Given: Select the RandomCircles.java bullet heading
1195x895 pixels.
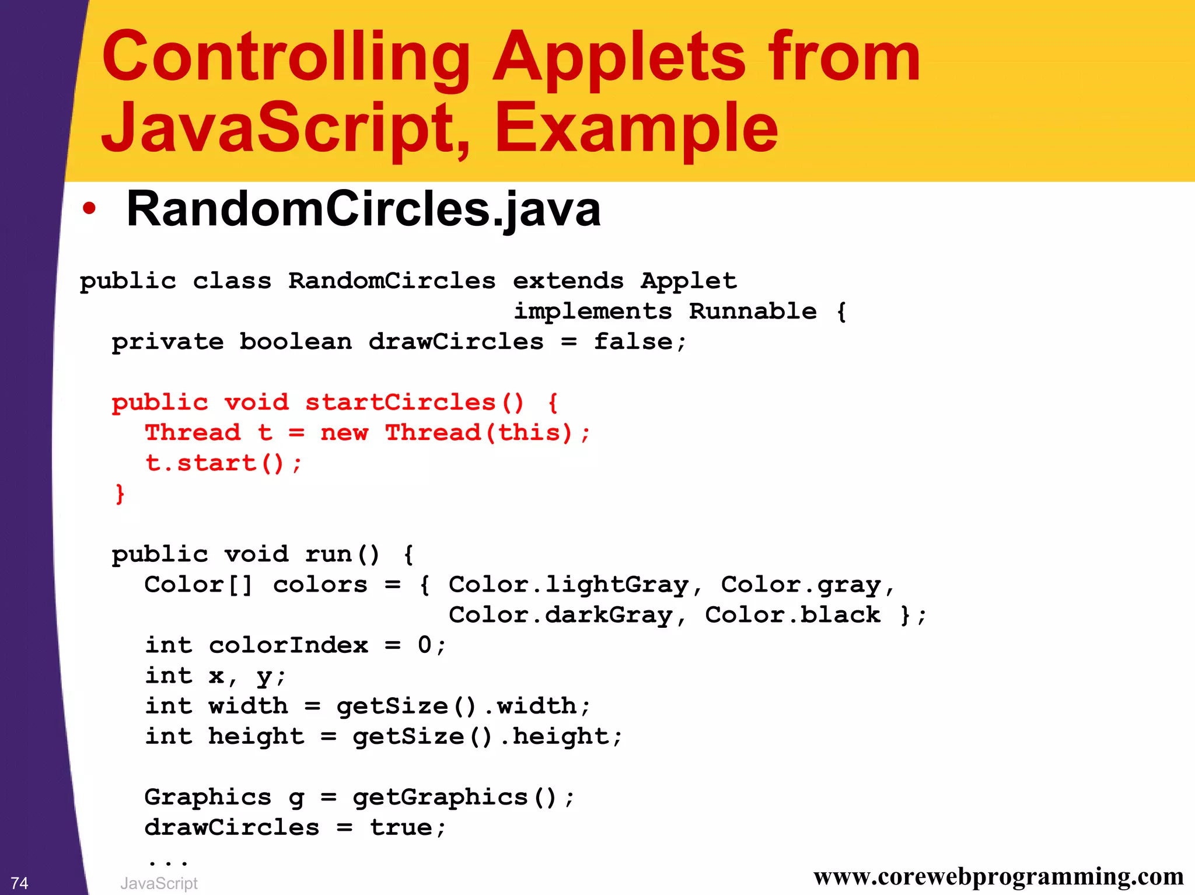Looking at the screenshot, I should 363,209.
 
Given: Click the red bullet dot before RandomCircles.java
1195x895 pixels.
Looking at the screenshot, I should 89,209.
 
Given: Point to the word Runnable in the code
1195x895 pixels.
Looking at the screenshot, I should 753,312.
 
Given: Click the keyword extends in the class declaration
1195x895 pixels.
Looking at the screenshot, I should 568,281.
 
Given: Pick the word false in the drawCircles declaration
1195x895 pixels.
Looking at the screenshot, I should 633,342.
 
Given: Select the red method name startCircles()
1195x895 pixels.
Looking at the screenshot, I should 414,403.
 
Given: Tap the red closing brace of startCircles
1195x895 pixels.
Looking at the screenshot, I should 120,494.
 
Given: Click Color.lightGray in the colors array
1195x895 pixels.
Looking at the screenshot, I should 568,585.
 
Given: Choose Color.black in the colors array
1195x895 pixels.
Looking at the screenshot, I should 792,615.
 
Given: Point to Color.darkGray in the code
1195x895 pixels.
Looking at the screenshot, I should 560,615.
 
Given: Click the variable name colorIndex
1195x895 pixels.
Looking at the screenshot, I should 288,645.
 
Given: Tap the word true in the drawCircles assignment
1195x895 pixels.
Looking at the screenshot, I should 401,827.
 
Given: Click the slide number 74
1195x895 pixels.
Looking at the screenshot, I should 20,883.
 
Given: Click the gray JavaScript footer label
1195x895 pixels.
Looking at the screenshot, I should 159,883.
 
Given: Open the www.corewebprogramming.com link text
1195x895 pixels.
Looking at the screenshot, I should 998,876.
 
